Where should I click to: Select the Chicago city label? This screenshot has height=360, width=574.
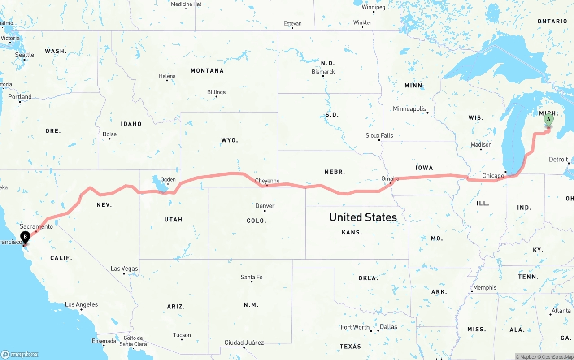click(x=493, y=176)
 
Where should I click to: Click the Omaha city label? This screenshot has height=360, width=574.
click(x=390, y=178)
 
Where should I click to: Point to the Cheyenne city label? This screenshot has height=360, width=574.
click(x=267, y=181)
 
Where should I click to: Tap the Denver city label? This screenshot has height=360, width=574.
click(x=265, y=206)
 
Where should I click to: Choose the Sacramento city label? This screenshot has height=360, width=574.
click(x=36, y=226)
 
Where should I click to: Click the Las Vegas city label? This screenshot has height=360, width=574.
click(x=124, y=269)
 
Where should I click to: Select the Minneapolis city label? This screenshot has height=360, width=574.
click(x=409, y=108)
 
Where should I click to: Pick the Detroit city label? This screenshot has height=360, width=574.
click(x=558, y=160)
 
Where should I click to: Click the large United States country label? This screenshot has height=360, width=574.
click(x=363, y=217)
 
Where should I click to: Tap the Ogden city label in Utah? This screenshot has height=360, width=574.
click(x=168, y=179)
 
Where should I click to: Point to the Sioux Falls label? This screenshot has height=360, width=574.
click(x=379, y=135)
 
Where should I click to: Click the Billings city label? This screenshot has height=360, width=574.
click(x=216, y=92)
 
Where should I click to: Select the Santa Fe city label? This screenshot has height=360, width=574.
click(x=252, y=277)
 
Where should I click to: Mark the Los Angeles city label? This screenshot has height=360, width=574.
click(x=81, y=304)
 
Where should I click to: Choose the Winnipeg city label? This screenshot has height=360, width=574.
click(x=374, y=7)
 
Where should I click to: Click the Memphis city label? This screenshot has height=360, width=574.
click(x=485, y=287)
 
